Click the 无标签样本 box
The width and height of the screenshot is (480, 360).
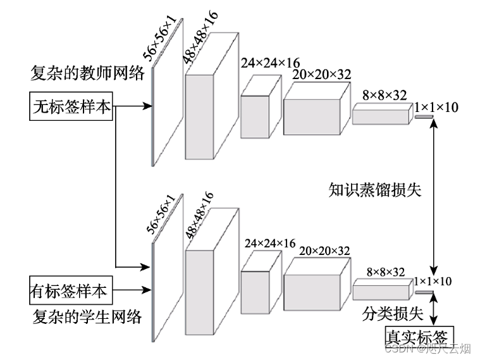tap(72, 107)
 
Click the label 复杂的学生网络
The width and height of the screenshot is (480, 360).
tap(87, 315)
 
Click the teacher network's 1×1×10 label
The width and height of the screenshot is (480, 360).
tap(438, 108)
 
